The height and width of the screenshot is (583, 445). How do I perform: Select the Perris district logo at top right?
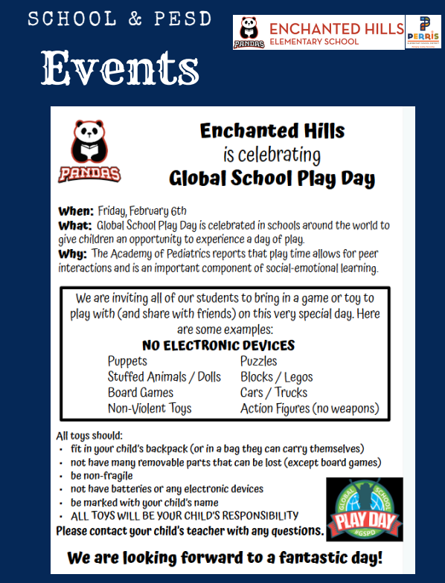click(425, 32)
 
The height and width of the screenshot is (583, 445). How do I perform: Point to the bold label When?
click(76, 210)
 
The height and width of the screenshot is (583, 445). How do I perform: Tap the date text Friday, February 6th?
click(142, 210)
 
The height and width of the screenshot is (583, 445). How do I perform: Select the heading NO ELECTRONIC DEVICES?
click(218, 345)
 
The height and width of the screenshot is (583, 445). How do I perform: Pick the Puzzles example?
click(258, 361)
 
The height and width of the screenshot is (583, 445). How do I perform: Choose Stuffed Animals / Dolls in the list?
click(164, 377)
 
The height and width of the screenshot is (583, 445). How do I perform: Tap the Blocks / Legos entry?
click(276, 377)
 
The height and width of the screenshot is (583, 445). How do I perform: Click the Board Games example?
click(140, 393)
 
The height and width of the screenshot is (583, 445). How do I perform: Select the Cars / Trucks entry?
click(273, 393)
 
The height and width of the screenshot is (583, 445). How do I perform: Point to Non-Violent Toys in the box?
click(149, 408)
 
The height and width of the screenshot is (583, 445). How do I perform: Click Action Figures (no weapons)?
click(310, 408)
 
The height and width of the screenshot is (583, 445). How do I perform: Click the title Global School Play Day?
click(272, 179)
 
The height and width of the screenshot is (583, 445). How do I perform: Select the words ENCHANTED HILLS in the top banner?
click(336, 28)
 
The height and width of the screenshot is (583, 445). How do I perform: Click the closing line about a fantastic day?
click(225, 558)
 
